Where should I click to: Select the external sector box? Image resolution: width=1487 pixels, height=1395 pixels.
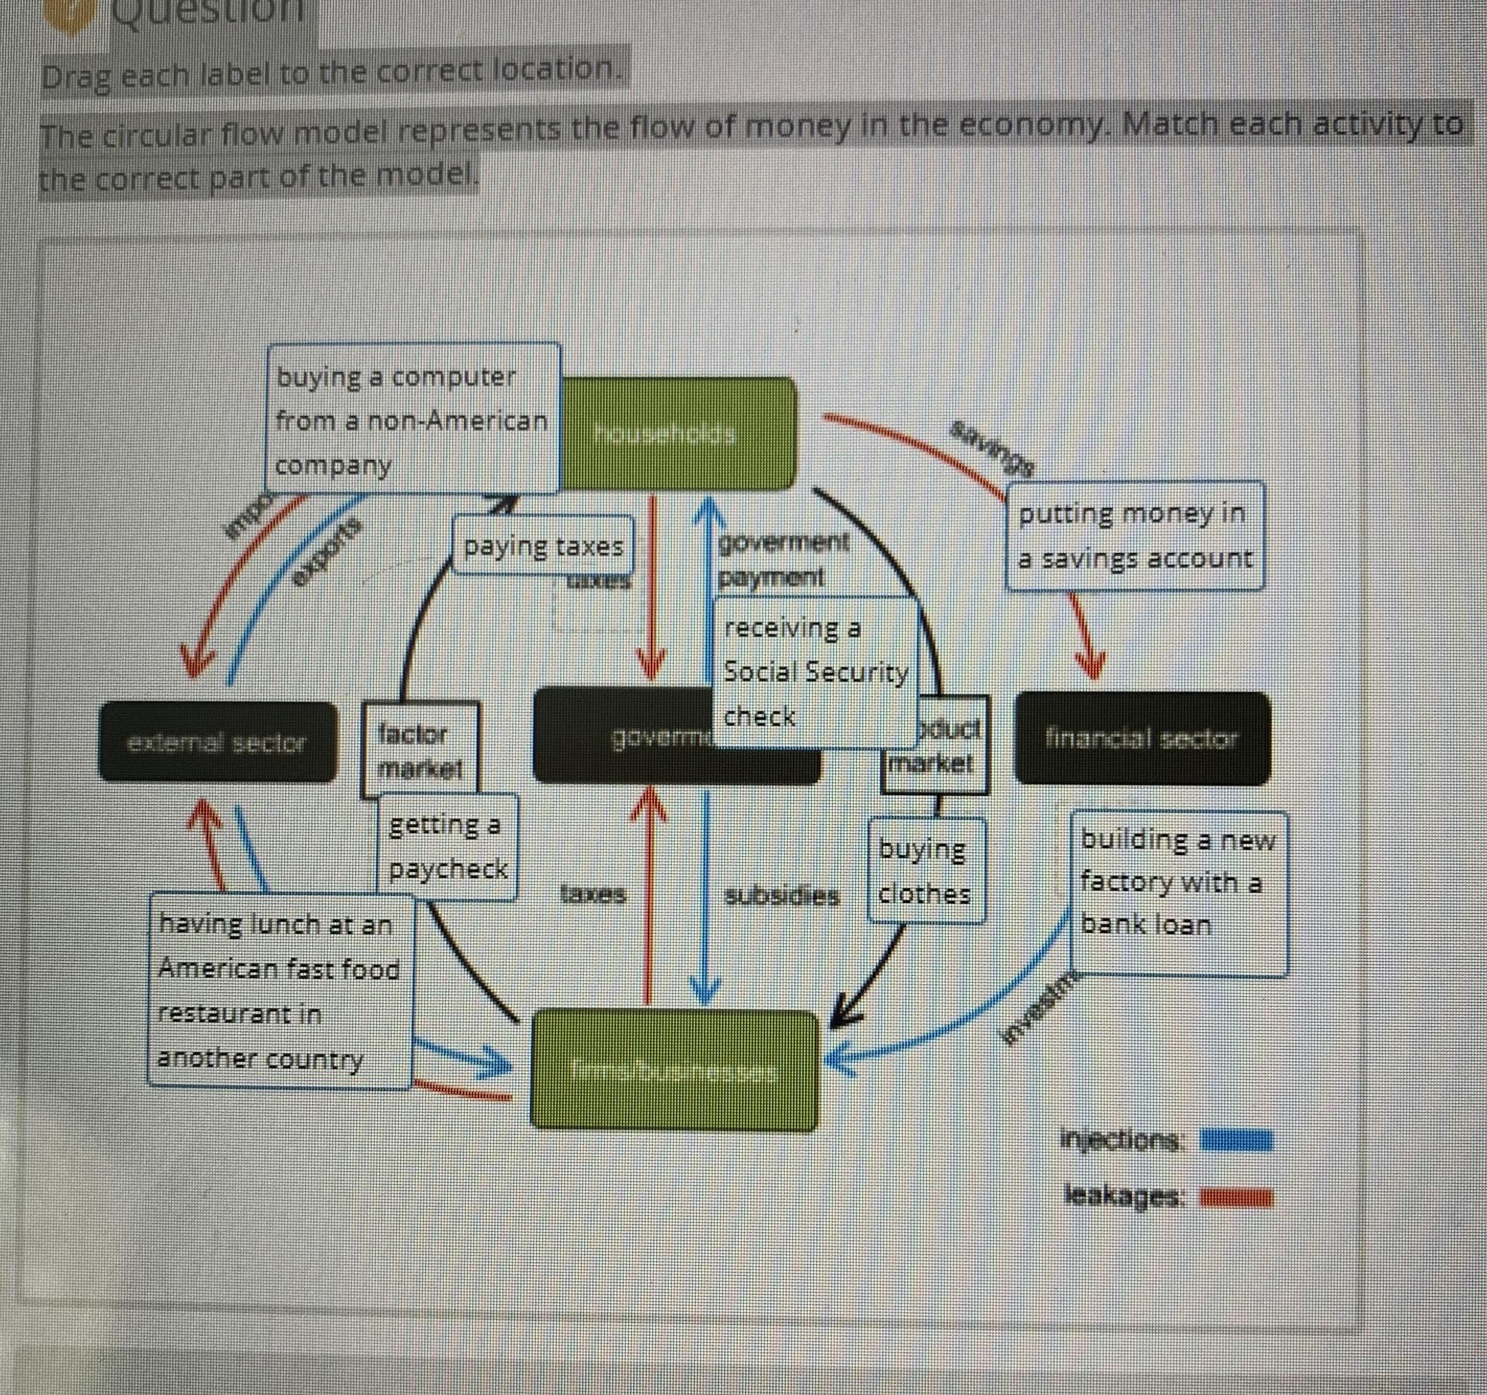[x=218, y=743]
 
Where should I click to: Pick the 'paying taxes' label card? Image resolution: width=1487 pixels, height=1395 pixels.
[x=543, y=546]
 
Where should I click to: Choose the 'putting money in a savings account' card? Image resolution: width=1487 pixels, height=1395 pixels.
[x=1135, y=536]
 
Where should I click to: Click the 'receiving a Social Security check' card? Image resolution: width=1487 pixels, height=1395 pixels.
[x=815, y=671]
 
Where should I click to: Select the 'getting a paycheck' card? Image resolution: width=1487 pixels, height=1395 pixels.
[x=447, y=847]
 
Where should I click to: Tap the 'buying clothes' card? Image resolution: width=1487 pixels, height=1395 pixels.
[x=925, y=870]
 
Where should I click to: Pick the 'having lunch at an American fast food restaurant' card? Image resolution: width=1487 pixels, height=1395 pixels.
[x=279, y=990]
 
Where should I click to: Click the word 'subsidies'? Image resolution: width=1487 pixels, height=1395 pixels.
[x=782, y=896]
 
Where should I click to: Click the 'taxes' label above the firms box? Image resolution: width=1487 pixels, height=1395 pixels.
[x=592, y=894]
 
